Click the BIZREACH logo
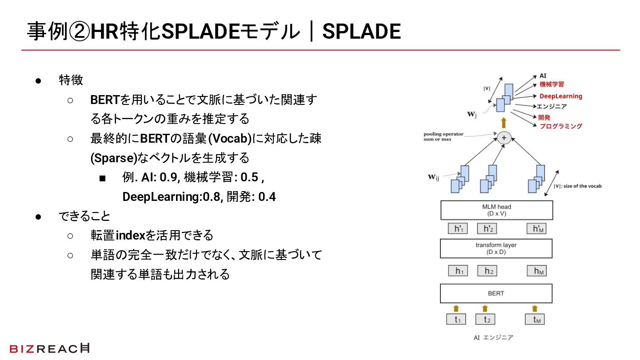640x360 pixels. (x=49, y=348)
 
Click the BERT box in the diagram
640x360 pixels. (x=496, y=293)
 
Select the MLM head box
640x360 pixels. (x=496, y=210)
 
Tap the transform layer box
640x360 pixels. (x=496, y=248)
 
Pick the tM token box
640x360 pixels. (x=535, y=319)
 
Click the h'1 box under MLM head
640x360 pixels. (x=458, y=228)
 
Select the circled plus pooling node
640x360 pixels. (x=504, y=138)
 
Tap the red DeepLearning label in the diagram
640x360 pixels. (x=560, y=96)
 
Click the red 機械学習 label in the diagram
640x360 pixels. (x=552, y=84)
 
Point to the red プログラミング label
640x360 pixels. (x=560, y=126)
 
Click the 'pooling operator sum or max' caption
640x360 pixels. (x=443, y=136)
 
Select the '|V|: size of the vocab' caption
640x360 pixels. (x=577, y=186)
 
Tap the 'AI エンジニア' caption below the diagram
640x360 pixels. (x=493, y=338)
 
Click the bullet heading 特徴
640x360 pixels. (x=71, y=80)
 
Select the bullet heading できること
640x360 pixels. (x=84, y=216)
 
